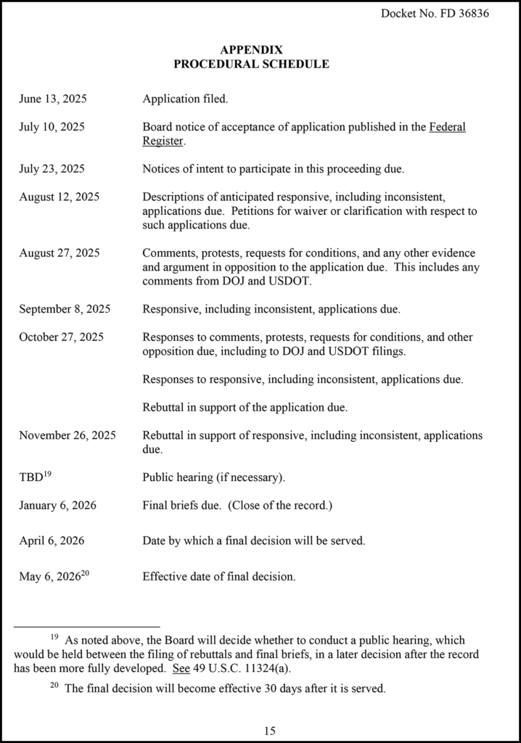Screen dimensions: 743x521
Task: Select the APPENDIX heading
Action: click(x=251, y=50)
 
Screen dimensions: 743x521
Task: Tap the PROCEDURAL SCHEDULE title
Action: click(x=251, y=64)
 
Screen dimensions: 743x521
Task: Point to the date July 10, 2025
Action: click(x=52, y=127)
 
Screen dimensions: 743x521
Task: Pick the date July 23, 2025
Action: click(x=52, y=169)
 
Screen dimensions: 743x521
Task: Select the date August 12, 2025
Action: click(x=60, y=197)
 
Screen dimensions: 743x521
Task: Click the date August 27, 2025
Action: click(x=60, y=253)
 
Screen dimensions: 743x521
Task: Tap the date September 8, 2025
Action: click(x=65, y=308)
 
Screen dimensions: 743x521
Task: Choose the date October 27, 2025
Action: click(x=61, y=337)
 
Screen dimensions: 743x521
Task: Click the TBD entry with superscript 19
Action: click(x=33, y=477)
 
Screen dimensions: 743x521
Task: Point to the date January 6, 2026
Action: click(x=57, y=505)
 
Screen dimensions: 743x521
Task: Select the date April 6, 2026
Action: click(x=52, y=541)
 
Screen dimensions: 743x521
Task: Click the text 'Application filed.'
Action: click(x=185, y=99)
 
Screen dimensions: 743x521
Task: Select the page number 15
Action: click(x=270, y=731)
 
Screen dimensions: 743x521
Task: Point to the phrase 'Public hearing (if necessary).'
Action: click(x=214, y=477)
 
